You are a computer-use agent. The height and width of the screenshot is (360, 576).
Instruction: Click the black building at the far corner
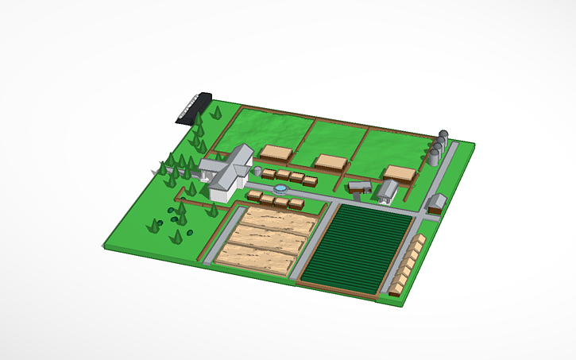tap(193, 108)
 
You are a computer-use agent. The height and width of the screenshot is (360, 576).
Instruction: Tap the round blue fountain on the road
tap(280, 189)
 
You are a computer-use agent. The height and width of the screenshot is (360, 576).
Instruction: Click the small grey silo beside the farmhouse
tap(258, 171)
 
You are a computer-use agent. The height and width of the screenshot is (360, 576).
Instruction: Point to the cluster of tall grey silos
tap(438, 148)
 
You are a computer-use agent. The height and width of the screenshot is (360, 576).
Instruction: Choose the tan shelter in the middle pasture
tap(331, 162)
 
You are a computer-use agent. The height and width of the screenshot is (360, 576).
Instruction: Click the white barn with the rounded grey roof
tap(389, 190)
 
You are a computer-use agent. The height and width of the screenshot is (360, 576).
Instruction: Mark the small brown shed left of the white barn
tap(360, 188)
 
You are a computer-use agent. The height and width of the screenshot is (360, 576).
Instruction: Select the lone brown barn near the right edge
tap(436, 203)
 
